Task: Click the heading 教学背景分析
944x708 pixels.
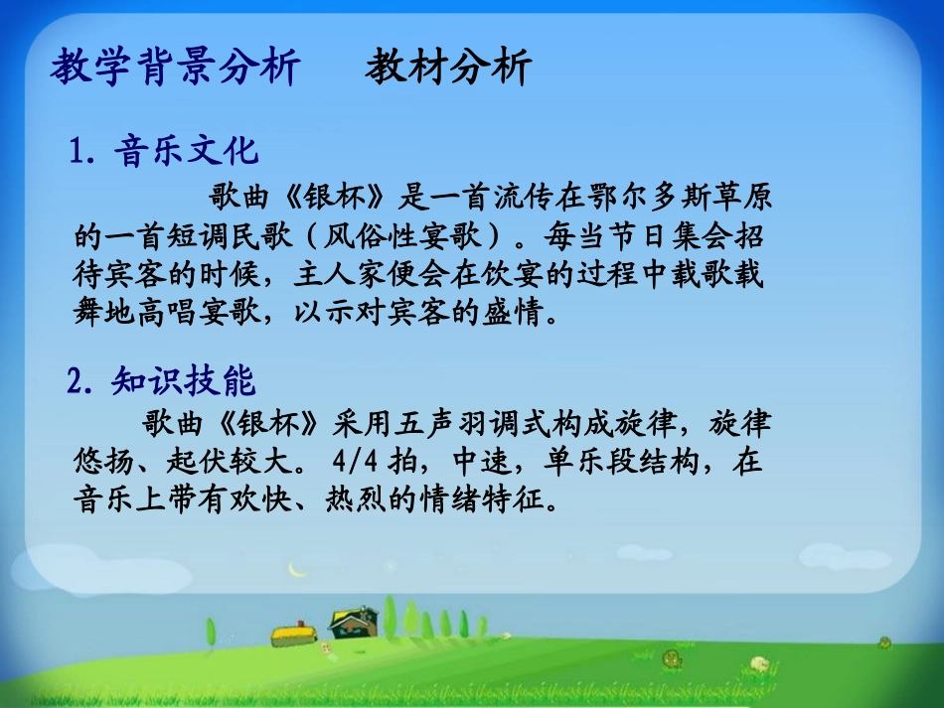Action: (175, 68)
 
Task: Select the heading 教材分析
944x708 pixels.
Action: (448, 68)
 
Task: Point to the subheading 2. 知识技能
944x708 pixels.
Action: (162, 380)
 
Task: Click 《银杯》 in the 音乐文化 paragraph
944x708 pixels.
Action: (332, 197)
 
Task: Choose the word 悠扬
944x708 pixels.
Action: (100, 463)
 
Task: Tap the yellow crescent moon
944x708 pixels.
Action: (295, 569)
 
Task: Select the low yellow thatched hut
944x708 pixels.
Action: (294, 633)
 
